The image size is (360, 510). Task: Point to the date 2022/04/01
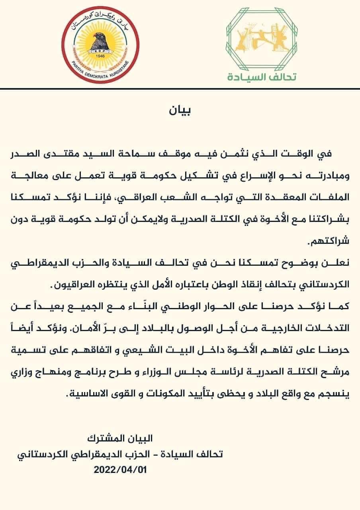point(121,470)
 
